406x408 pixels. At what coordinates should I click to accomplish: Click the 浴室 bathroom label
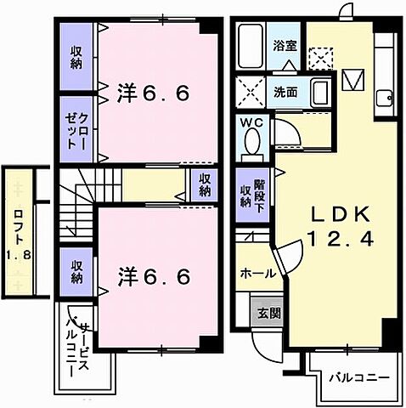tap(285, 46)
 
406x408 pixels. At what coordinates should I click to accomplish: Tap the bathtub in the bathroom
tap(251, 46)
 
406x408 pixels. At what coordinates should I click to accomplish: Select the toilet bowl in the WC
tap(253, 143)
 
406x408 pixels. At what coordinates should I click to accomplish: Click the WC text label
tap(251, 122)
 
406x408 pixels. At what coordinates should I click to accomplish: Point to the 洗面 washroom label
tap(285, 93)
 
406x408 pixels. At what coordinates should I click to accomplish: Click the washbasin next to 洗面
tap(320, 92)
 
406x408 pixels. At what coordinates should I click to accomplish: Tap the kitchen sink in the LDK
tap(384, 99)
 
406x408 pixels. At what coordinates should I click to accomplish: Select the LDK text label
tap(341, 215)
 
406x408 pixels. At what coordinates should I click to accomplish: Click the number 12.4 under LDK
tap(341, 239)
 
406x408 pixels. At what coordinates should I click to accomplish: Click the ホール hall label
tap(257, 274)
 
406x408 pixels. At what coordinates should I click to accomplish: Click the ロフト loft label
tap(19, 228)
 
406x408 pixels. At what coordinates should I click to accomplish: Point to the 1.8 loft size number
tap(18, 256)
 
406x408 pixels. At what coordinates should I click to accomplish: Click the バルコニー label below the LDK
tap(359, 377)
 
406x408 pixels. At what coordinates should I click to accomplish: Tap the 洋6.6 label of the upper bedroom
tap(153, 93)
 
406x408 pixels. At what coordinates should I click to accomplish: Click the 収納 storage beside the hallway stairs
tap(204, 185)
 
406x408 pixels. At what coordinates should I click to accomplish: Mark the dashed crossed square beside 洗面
tap(251, 92)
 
